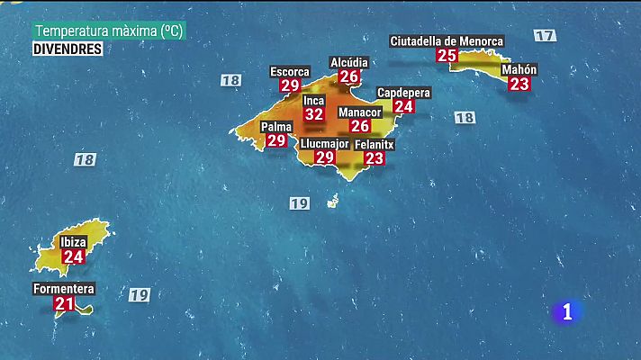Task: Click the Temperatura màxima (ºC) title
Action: pos(108,31)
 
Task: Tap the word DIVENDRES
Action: pos(68,49)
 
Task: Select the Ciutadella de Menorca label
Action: pos(447,40)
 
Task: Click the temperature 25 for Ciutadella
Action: pos(447,55)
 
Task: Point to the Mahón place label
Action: pos(519,69)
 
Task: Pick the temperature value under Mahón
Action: pos(519,84)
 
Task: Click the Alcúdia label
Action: pos(349,62)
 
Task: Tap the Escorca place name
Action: pos(290,71)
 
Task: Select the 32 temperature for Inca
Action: pos(313,114)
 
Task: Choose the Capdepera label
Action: pos(403,93)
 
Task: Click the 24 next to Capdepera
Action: pos(403,106)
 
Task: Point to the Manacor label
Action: pos(360,112)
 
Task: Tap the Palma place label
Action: pos(276,127)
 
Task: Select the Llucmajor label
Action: pos(325,143)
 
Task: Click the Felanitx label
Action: pos(375,144)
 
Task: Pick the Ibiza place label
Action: pos(73,242)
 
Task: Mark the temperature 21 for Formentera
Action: pos(64,304)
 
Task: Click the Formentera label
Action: pos(63,290)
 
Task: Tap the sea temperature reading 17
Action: pos(544,35)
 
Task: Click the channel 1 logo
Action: pos(567,312)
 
